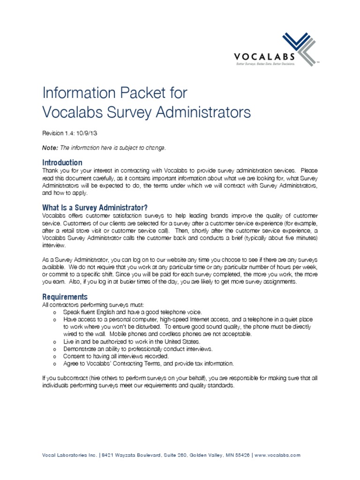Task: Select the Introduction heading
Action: pos(62,162)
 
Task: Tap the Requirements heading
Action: pos(65,297)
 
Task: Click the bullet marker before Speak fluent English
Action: pos(55,312)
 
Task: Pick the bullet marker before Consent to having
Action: pos(55,357)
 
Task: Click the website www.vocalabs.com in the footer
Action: pos(277,455)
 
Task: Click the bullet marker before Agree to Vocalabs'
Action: pos(55,364)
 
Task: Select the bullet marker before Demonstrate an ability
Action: pos(55,350)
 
